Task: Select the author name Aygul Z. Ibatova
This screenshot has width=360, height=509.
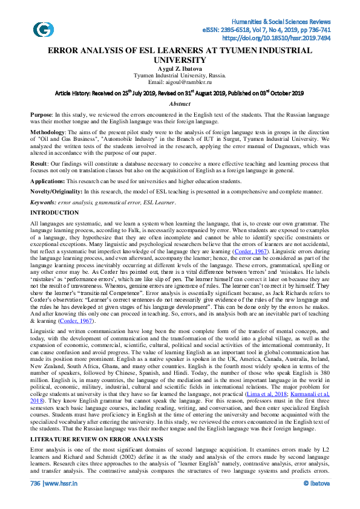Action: [x=180, y=69]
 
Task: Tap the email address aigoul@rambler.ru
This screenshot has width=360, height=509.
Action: [x=180, y=82]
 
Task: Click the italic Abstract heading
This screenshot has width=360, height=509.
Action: [x=180, y=104]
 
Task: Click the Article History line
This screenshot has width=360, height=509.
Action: [x=180, y=94]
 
